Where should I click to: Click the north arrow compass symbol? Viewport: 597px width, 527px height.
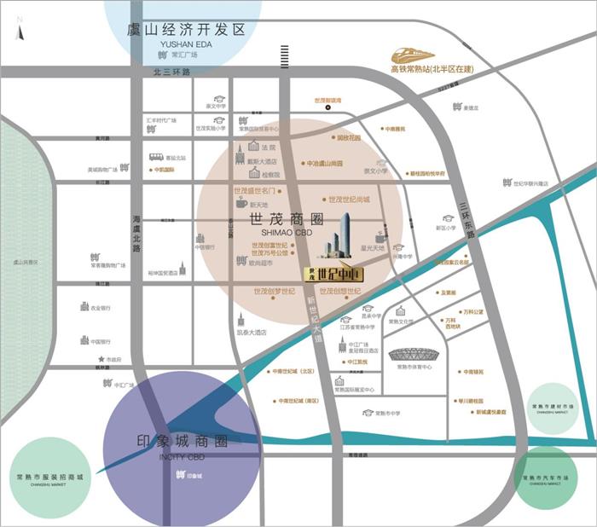(x=20, y=32)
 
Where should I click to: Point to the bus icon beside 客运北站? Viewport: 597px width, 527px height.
(x=156, y=157)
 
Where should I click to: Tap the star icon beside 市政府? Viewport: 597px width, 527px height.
(x=101, y=359)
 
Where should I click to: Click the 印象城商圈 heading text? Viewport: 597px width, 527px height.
(x=183, y=443)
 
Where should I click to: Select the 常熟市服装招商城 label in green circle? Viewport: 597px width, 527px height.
(x=50, y=477)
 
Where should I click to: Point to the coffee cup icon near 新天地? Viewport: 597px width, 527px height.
(x=241, y=205)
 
